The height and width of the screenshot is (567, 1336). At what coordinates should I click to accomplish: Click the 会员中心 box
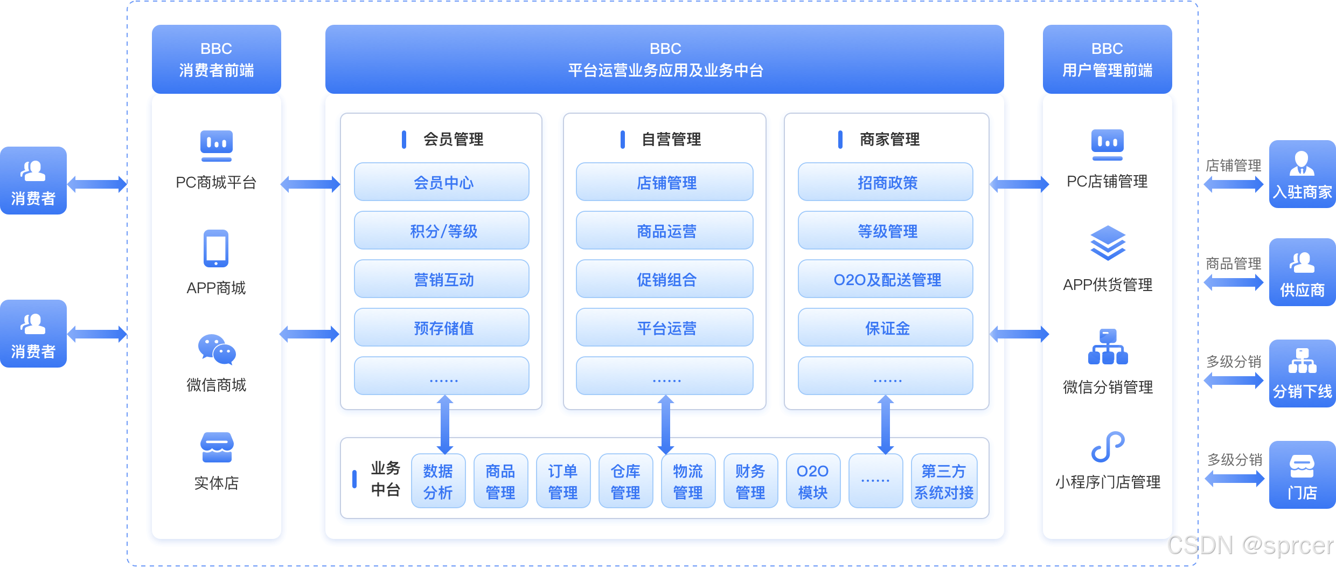pyautogui.click(x=442, y=182)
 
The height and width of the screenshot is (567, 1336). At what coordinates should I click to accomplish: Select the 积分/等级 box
pyautogui.click(x=442, y=231)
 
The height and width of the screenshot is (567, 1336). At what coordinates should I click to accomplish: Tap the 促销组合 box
pyautogui.click(x=665, y=279)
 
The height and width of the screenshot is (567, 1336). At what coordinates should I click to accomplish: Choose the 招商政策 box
pyautogui.click(x=886, y=182)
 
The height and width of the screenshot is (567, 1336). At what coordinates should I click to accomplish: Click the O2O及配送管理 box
pyautogui.click(x=886, y=279)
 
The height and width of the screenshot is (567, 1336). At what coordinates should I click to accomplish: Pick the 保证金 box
pyautogui.click(x=886, y=328)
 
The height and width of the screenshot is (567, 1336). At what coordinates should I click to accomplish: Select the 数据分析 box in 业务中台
pyautogui.click(x=439, y=481)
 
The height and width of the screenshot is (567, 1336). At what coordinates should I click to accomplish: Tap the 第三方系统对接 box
pyautogui.click(x=944, y=481)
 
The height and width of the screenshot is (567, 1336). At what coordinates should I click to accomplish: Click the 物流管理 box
pyautogui.click(x=688, y=481)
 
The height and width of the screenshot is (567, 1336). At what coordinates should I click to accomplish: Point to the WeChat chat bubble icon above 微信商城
pyautogui.click(x=217, y=349)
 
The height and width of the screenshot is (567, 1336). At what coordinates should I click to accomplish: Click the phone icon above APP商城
pyautogui.click(x=216, y=248)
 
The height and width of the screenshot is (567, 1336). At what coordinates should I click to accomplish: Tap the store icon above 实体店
pyautogui.click(x=217, y=447)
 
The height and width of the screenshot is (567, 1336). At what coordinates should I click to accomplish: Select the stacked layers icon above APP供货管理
pyautogui.click(x=1108, y=243)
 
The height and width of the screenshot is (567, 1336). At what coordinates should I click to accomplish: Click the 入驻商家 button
pyautogui.click(x=1302, y=174)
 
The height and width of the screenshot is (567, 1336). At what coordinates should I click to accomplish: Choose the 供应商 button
pyautogui.click(x=1302, y=272)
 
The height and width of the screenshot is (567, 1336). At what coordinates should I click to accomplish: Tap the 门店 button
pyautogui.click(x=1302, y=475)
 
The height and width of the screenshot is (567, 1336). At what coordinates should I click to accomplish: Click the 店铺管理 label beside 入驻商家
pyautogui.click(x=1234, y=165)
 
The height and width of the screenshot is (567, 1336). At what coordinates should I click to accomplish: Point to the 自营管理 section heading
pyautogui.click(x=671, y=140)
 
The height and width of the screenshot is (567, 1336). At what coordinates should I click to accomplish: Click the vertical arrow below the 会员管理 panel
pyautogui.click(x=445, y=425)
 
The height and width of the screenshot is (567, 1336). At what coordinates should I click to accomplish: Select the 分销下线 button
pyautogui.click(x=1302, y=374)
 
